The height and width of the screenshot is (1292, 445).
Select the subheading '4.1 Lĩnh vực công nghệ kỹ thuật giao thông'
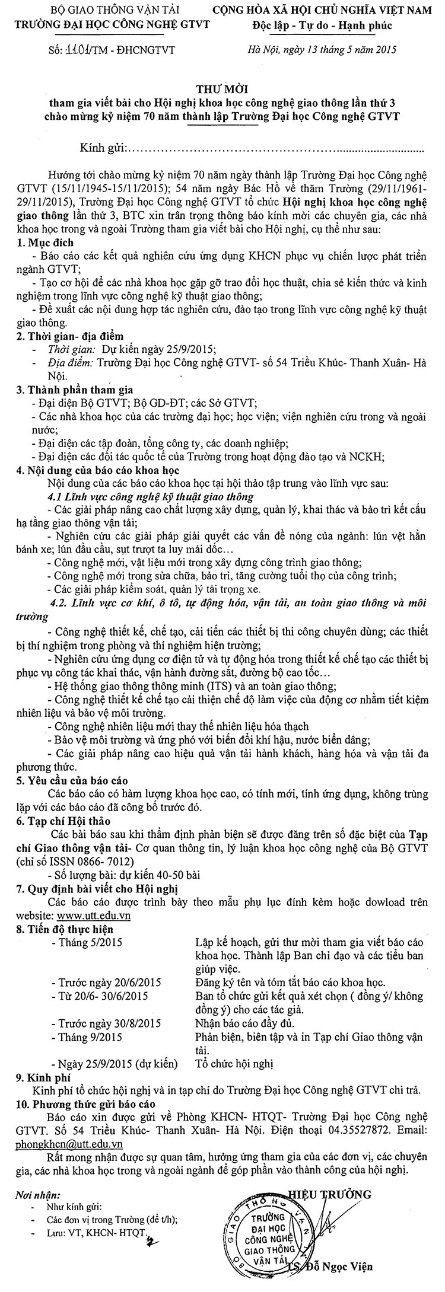pos(151,496)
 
